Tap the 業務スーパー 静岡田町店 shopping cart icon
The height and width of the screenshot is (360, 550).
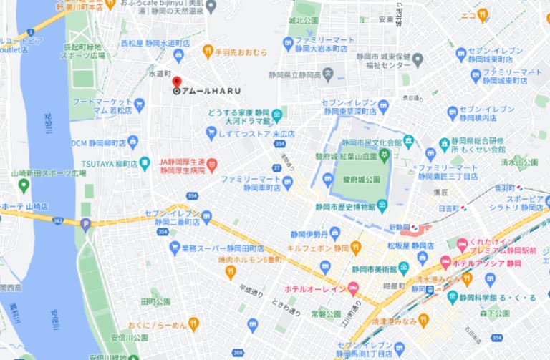click(174, 248)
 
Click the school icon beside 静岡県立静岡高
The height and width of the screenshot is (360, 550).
click(327, 72)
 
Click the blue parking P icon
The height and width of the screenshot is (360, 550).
click(87, 225)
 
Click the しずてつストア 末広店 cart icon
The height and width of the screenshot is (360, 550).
click(211, 132)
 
